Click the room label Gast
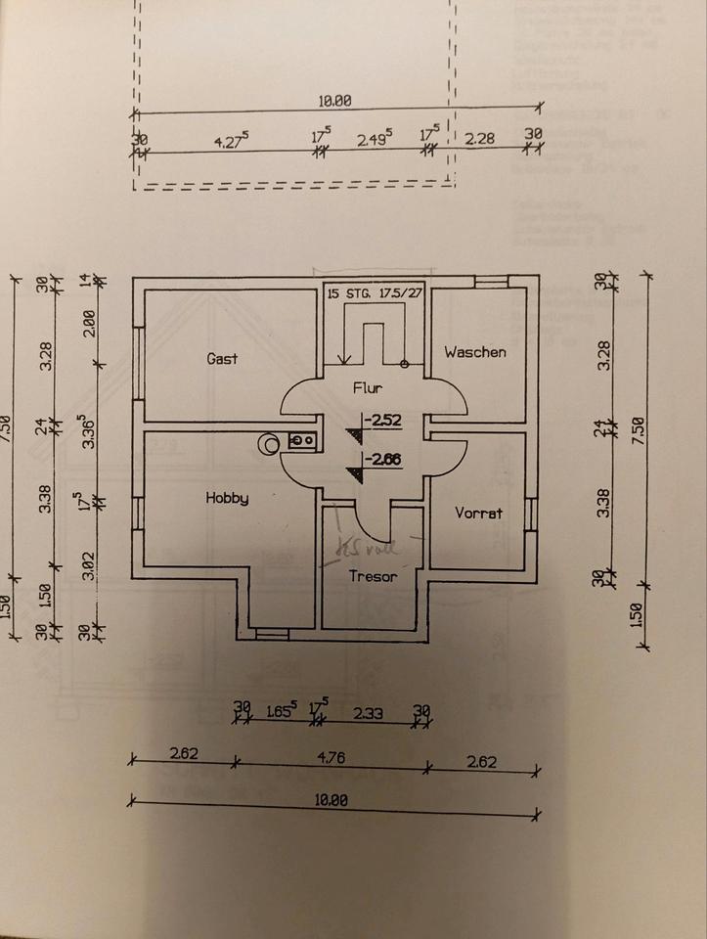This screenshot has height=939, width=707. (223, 359)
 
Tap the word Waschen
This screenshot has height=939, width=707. (475, 352)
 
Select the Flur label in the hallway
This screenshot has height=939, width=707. (368, 388)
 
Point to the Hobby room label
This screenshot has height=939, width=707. (227, 498)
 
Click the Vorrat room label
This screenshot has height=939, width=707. (478, 513)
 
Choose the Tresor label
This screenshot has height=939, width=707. (374, 576)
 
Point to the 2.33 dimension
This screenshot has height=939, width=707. (369, 714)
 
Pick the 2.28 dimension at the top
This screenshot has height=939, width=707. (479, 138)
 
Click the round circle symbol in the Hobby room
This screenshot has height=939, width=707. (268, 445)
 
